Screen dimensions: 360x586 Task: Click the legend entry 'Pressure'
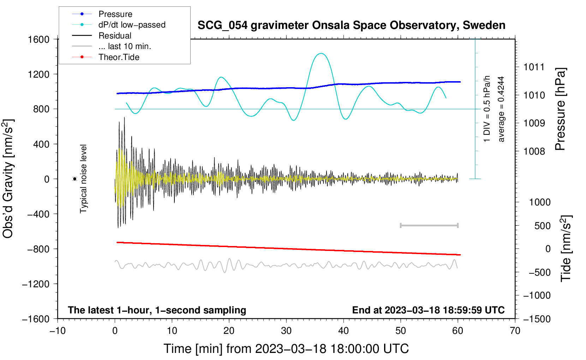click(115, 14)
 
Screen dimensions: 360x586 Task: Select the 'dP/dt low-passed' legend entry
click(132, 25)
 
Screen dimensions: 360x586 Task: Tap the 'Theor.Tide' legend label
click(119, 57)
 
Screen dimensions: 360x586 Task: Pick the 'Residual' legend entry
click(115, 36)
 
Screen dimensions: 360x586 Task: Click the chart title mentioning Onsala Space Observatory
click(351, 25)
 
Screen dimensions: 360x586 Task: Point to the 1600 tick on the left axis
click(38, 39)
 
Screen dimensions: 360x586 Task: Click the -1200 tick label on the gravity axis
click(36, 284)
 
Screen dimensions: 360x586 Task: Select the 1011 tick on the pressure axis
click(534, 67)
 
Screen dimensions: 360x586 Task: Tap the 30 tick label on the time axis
click(286, 331)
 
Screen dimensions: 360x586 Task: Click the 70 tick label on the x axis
click(515, 331)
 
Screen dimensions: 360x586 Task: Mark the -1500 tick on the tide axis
click(537, 319)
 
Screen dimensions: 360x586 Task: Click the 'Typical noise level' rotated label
click(83, 179)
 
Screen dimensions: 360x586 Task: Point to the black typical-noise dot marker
click(74, 179)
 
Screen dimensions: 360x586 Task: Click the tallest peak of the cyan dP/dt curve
click(321, 54)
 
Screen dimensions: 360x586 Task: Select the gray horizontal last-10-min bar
click(429, 225)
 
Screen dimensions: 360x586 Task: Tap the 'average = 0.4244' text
click(501, 109)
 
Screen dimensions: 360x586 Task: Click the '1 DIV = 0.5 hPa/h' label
click(487, 109)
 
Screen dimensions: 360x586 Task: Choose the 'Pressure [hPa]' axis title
click(561, 109)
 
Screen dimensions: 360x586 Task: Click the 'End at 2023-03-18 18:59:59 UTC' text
click(428, 310)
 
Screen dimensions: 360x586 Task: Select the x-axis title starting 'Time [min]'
click(286, 349)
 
